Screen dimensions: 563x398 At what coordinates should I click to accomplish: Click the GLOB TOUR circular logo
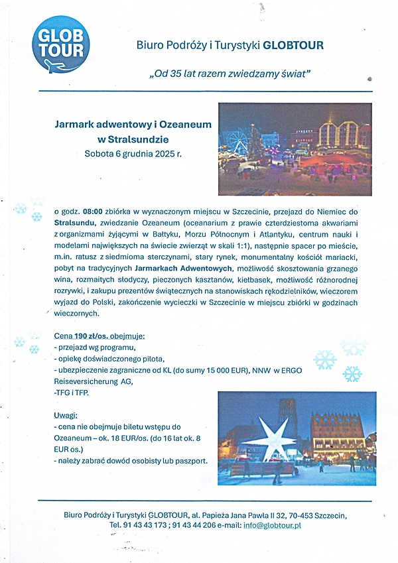pos(60,44)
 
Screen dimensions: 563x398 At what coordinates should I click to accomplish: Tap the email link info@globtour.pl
pos(271,525)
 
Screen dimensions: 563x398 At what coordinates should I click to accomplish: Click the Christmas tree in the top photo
pos(255,141)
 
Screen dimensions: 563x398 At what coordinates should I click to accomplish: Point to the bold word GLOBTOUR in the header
pos(294,46)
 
